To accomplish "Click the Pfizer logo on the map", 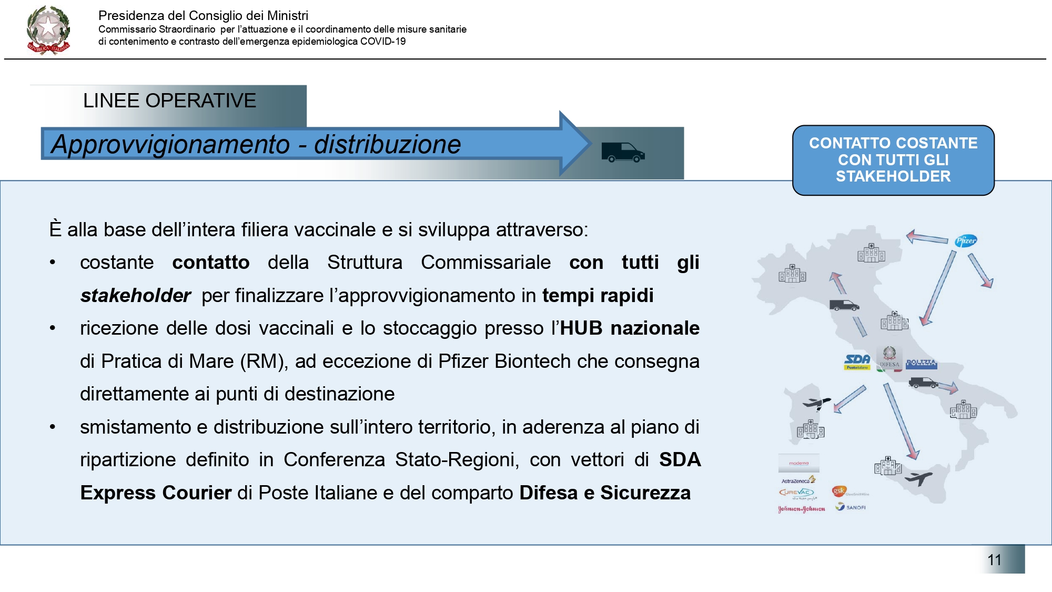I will [966, 241].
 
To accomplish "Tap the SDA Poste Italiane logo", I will [857, 362].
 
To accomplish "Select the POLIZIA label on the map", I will [921, 363].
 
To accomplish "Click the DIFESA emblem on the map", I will [889, 357].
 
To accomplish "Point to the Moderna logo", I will [799, 463].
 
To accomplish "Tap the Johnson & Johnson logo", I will [801, 509].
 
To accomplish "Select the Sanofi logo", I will [851, 507].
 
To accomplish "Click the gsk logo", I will [839, 491].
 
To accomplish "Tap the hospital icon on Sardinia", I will [810, 430].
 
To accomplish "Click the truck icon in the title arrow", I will [623, 152].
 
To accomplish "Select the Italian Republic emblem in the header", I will [48, 31].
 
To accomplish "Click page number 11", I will [994, 559].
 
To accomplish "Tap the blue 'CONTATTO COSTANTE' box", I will [893, 160].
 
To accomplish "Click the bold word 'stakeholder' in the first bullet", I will [135, 296].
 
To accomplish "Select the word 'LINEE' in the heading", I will [111, 101].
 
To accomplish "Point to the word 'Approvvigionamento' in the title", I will [171, 145].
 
